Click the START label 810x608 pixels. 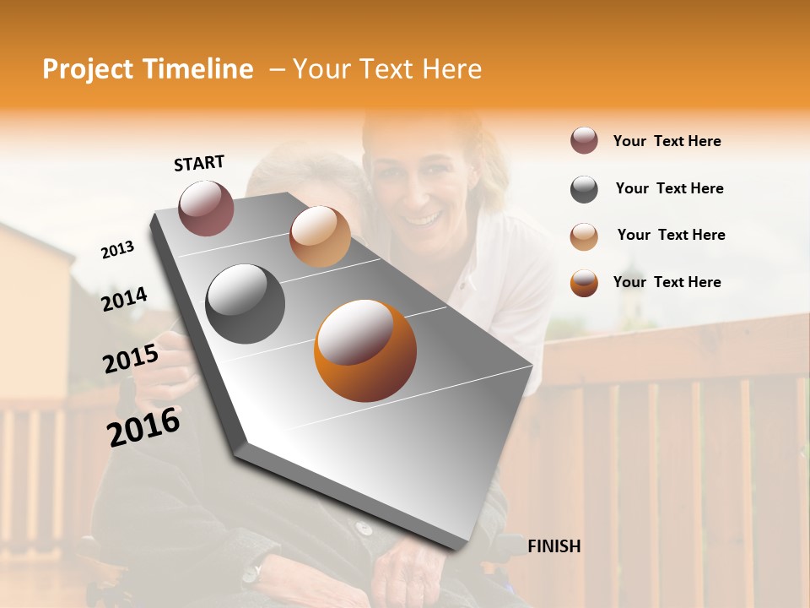(199, 163)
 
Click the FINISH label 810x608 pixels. (553, 546)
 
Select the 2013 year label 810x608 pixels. (117, 249)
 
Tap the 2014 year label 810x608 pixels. (124, 299)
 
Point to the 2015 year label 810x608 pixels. (130, 359)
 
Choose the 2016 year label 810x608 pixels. (143, 427)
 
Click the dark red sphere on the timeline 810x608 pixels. (206, 208)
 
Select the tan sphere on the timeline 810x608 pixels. (320, 236)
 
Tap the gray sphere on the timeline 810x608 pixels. (245, 304)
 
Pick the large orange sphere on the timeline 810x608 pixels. (364, 350)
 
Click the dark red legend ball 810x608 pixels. (584, 141)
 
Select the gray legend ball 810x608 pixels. (584, 189)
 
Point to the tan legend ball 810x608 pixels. (584, 236)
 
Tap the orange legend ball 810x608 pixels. (584, 283)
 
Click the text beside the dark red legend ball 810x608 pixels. (667, 141)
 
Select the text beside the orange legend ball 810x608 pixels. (667, 282)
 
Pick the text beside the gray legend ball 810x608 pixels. (669, 188)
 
